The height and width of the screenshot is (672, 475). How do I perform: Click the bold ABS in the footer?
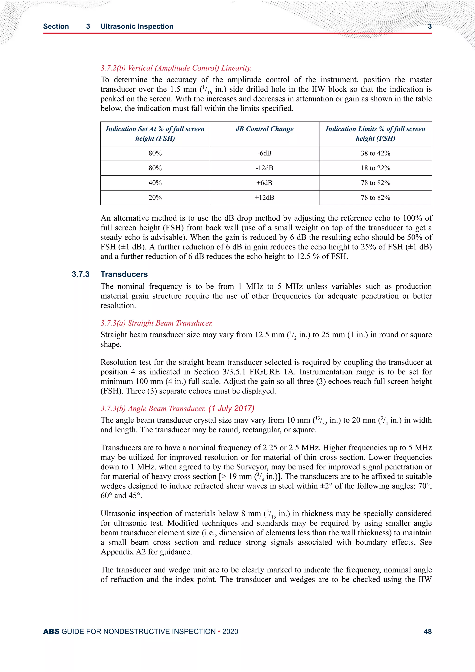click(51, 631)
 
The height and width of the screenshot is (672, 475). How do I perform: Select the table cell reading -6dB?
click(264, 153)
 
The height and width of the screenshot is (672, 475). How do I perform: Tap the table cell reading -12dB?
click(264, 168)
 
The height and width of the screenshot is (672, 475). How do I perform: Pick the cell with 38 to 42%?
click(375, 153)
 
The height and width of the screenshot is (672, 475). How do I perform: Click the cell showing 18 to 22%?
click(375, 168)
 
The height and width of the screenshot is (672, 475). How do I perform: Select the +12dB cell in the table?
click(264, 197)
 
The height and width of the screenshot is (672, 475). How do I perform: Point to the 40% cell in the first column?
click(155, 183)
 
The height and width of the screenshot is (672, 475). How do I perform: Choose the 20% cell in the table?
click(155, 197)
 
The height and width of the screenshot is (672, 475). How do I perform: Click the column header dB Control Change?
click(264, 129)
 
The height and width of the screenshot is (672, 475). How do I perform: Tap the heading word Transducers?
click(124, 274)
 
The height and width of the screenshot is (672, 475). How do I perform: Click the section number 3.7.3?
click(80, 274)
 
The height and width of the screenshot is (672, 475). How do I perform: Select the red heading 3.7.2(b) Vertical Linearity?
click(176, 68)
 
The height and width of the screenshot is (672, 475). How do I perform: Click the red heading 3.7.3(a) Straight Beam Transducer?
click(157, 323)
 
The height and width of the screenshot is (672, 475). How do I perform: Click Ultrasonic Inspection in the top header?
click(137, 26)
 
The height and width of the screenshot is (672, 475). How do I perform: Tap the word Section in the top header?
click(56, 26)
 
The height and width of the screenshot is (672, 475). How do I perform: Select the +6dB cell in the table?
click(264, 183)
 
